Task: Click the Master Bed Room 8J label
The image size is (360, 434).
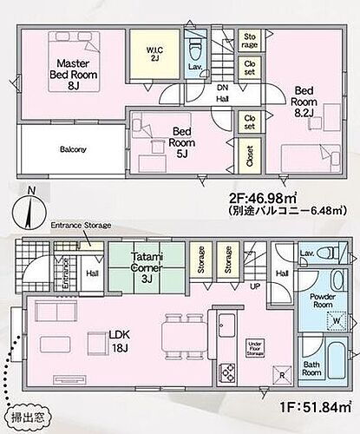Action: [x=69, y=75]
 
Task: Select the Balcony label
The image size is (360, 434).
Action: [x=73, y=149]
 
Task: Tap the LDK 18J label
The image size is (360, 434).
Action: [x=97, y=339]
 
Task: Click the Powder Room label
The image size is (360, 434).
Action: [x=322, y=299]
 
